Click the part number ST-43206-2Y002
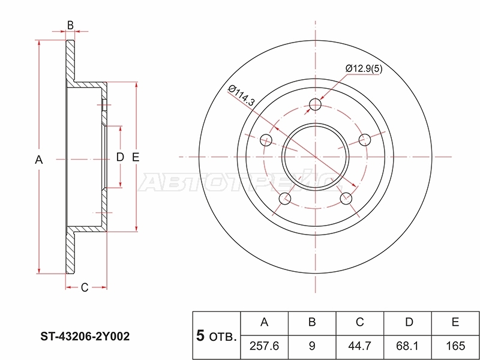click(x=85, y=337)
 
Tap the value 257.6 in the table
click(x=264, y=346)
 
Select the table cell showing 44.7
click(x=359, y=346)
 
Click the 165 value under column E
click(x=455, y=346)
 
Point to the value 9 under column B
click(x=312, y=346)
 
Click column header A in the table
click(x=264, y=322)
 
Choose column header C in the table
click(x=359, y=322)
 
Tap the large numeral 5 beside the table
click(x=200, y=336)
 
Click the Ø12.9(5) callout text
click(x=364, y=68)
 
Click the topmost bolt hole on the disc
click(x=316, y=105)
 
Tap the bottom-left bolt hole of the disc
click(x=285, y=199)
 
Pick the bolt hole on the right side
click(x=365, y=140)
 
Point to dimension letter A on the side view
click(x=38, y=160)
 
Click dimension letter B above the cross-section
click(x=70, y=25)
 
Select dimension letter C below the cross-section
click(x=85, y=287)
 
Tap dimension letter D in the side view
click(x=120, y=157)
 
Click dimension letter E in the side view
click(x=136, y=157)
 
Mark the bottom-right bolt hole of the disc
click(x=346, y=199)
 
